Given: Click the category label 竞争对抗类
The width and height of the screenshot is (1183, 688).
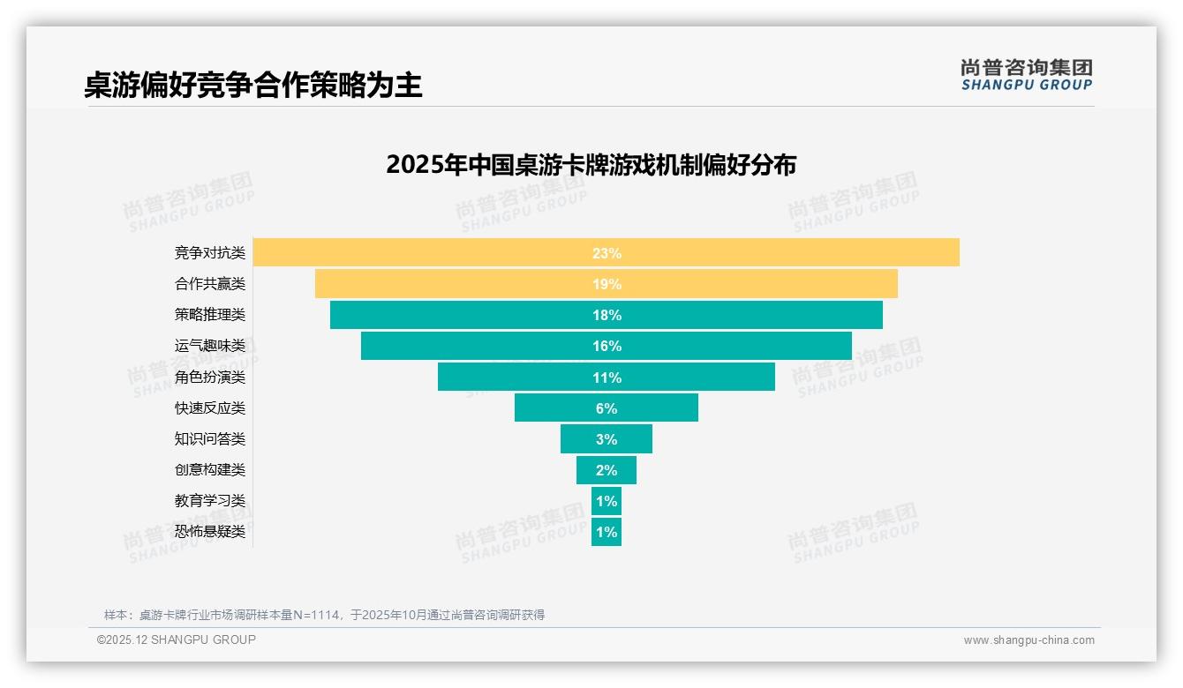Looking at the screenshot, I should (210, 253).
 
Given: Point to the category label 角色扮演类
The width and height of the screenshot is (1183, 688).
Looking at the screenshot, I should (210, 378).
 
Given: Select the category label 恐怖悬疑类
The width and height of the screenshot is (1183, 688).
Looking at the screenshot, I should (210, 532).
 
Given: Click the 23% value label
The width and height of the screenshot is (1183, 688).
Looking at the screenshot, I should (607, 253).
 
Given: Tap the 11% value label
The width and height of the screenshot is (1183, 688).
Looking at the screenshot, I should (607, 378).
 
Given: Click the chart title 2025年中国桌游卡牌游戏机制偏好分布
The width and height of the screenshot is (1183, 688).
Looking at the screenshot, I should (591, 165).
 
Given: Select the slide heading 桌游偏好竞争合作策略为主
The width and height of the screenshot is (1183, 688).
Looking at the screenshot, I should (253, 86).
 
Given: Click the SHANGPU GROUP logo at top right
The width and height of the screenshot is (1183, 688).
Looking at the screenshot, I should (1026, 75).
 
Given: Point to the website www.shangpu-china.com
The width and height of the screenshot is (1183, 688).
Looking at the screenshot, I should (1029, 640).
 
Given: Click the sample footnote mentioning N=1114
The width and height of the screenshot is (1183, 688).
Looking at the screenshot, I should (324, 615).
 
